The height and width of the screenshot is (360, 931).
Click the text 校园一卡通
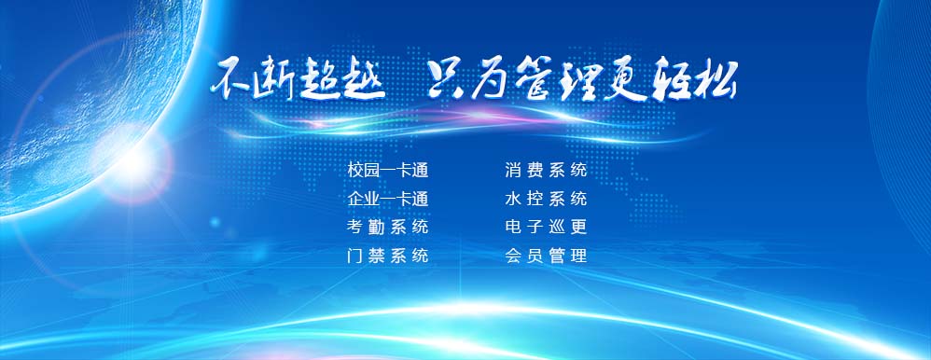(x=388, y=171)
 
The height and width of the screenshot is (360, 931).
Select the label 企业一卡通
(x=388, y=199)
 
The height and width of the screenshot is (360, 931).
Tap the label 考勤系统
(x=388, y=227)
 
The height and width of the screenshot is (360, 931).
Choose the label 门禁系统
(x=388, y=256)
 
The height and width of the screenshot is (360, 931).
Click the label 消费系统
(x=547, y=171)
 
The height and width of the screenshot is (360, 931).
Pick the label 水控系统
(x=547, y=199)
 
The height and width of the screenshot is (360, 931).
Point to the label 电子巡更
(x=547, y=227)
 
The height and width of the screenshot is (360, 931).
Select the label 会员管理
(x=547, y=256)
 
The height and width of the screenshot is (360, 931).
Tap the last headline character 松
(x=716, y=79)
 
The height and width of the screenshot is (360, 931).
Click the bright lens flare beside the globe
(x=134, y=161)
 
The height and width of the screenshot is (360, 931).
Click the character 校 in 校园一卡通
(x=355, y=171)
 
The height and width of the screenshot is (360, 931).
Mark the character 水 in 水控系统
(x=513, y=199)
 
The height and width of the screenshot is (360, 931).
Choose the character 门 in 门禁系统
(x=355, y=256)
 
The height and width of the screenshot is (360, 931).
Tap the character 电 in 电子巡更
(x=513, y=227)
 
